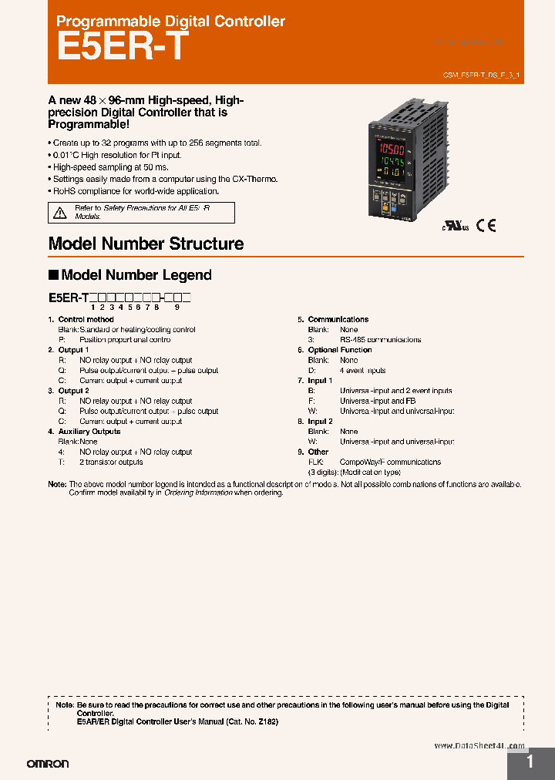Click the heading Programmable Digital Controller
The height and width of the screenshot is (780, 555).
pos(170,22)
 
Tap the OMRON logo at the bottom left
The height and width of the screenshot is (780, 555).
pos(48,764)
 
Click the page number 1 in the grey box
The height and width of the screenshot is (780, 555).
pos(530,762)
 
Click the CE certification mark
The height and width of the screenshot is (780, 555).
pos(486,225)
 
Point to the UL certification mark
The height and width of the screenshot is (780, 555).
pos(454,226)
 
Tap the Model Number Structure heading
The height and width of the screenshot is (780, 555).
pos(146,244)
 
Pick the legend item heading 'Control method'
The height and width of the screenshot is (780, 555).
pos(86,319)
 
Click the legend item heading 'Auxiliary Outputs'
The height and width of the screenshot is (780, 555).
pos(89,432)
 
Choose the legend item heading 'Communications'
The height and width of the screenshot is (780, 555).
pos(338,319)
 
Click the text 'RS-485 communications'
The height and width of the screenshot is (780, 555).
pos(380,340)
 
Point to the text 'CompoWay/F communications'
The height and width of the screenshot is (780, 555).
pos(390,462)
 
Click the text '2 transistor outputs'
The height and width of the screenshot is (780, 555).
pos(110,462)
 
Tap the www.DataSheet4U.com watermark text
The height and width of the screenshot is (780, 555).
pos(479,746)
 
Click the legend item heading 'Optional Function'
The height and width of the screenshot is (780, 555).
pos(339,350)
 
